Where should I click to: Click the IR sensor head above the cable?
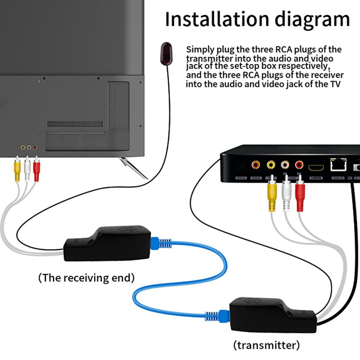click(166, 53)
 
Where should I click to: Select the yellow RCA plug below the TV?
click(17, 170)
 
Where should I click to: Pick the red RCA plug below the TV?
click(37, 170)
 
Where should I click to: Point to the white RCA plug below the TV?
click(27, 170)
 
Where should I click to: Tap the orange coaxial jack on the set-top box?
click(256, 165)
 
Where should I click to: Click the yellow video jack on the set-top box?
click(271, 165)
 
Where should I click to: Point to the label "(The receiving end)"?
click(86, 278)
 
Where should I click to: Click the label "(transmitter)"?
click(266, 345)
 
